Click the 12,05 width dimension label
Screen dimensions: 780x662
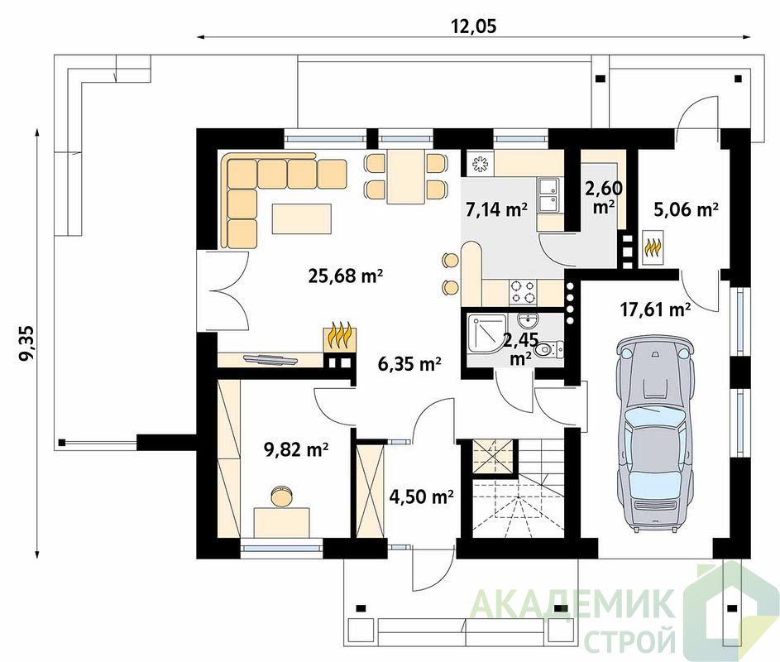(474, 26)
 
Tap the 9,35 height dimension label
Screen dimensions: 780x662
(26, 342)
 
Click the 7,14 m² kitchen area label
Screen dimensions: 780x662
(496, 209)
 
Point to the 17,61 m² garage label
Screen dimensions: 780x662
(655, 309)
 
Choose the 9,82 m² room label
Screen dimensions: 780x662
(295, 449)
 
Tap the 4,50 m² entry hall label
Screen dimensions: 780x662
(421, 496)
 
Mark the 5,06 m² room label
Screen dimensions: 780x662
(686, 209)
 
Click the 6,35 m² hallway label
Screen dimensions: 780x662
(409, 364)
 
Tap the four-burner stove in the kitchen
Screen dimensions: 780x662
(524, 291)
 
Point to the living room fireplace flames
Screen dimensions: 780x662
(339, 338)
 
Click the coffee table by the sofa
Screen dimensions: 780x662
(301, 218)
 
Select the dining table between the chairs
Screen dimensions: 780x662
(406, 176)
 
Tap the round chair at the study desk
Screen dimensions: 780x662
(281, 496)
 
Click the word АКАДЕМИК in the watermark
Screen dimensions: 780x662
(572, 602)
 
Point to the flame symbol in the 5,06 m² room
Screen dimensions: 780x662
(652, 247)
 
